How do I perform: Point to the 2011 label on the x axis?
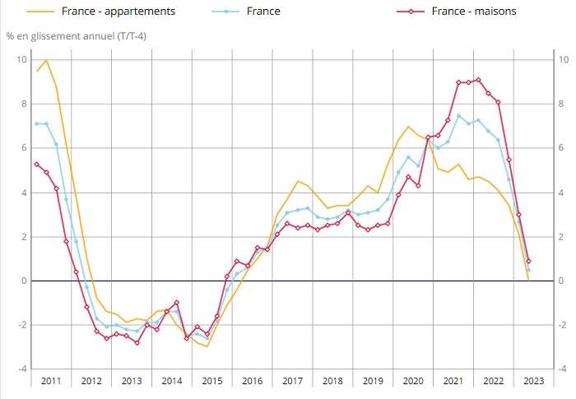tap(51, 380)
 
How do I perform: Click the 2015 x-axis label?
tap(212, 380)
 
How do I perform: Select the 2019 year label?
tap(373, 380)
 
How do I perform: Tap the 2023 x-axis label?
tap(533, 380)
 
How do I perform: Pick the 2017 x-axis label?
tap(293, 380)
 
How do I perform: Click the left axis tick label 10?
tap(22, 59)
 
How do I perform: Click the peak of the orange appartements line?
tap(46, 59)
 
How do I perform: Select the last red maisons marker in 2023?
tap(528, 261)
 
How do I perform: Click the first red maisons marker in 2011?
tap(36, 164)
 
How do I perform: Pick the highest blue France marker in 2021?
tap(458, 115)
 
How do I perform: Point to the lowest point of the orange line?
tap(207, 346)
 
